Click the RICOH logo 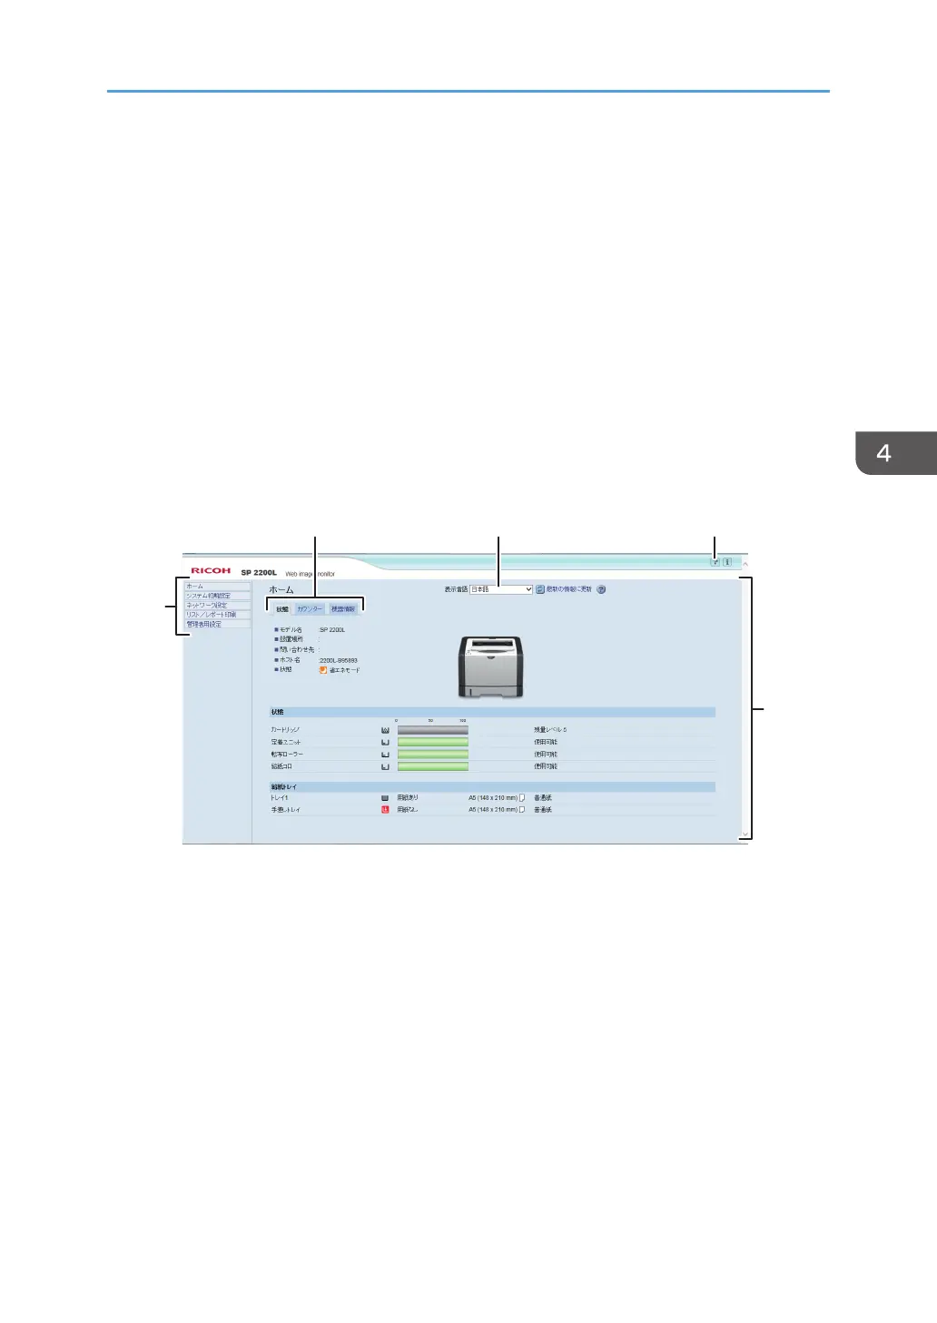pos(211,571)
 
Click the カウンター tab pos(310,609)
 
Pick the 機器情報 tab pos(343,609)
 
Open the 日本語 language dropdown pos(501,589)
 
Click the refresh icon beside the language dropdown pos(540,589)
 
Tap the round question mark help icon pos(601,589)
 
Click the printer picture pos(490,666)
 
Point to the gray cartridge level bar pos(433,730)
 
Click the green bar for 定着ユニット pos(433,742)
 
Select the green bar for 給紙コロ pos(433,766)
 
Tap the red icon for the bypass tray pos(385,810)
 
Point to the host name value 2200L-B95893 pos(338,660)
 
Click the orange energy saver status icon pos(322,670)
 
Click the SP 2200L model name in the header pos(259,573)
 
